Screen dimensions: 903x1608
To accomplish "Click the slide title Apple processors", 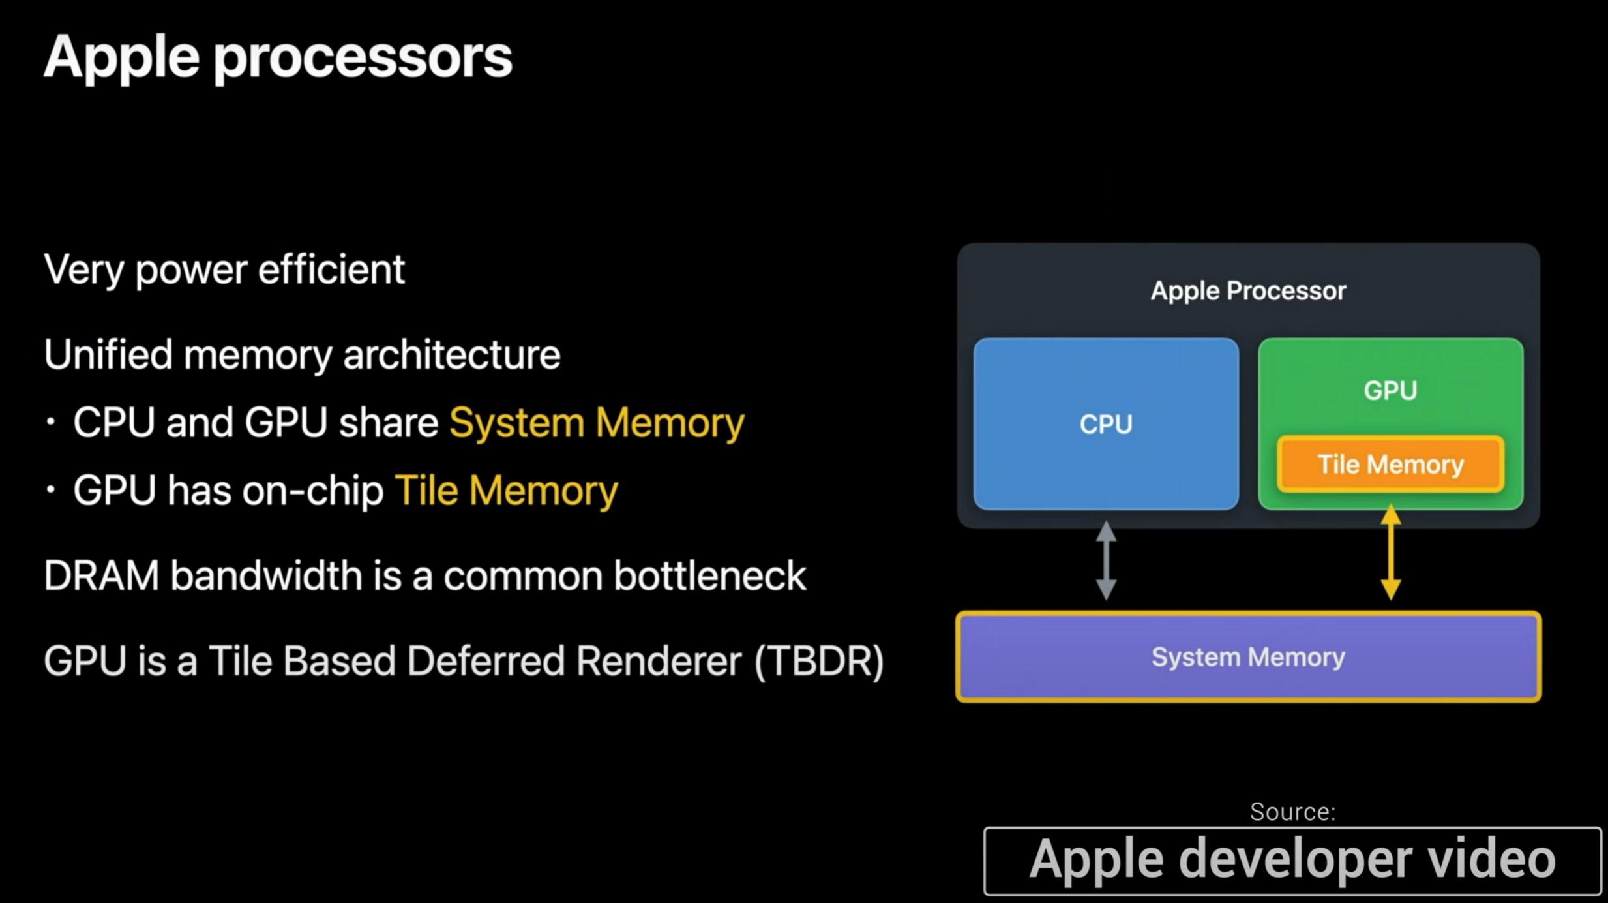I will click(x=278, y=57).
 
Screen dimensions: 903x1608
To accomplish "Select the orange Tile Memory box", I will click(x=1390, y=465).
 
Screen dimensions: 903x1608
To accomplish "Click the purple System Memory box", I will click(x=1247, y=657).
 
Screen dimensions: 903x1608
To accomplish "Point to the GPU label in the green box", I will click(x=1390, y=390).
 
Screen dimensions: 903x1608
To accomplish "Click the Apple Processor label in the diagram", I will click(x=1247, y=291).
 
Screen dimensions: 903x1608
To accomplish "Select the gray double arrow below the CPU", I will click(x=1106, y=560).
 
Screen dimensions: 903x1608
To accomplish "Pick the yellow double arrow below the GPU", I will click(x=1390, y=553).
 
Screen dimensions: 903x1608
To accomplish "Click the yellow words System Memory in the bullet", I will click(x=596, y=423).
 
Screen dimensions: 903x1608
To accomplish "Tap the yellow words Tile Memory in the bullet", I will click(x=506, y=491).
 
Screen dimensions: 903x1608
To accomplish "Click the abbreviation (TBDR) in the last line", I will click(x=819, y=661).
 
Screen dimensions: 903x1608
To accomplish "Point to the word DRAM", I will click(x=101, y=576).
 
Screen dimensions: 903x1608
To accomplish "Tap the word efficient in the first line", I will click(x=331, y=269).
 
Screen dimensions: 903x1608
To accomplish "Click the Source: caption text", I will click(x=1292, y=812).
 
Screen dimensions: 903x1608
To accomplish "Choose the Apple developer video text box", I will click(x=1292, y=860).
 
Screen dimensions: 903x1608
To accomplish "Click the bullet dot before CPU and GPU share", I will click(x=51, y=422).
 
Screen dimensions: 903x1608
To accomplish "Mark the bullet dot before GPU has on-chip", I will click(x=51, y=490).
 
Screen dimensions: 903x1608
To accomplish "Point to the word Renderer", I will click(x=659, y=661).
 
